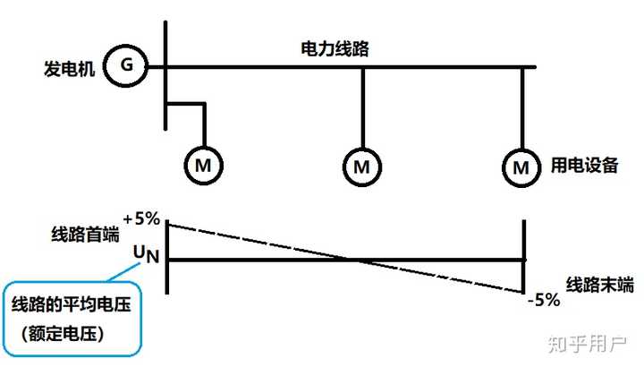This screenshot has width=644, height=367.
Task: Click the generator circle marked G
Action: click(x=125, y=66)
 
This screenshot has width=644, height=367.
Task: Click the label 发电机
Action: click(x=70, y=68)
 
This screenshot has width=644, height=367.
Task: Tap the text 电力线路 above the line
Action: click(x=334, y=50)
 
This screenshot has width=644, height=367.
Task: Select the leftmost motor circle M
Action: click(x=204, y=165)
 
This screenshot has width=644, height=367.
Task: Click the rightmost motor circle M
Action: click(x=521, y=166)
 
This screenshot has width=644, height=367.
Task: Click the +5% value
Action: click(x=141, y=218)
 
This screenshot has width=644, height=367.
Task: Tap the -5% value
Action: click(x=543, y=301)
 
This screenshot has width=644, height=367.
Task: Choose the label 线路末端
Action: click(x=598, y=285)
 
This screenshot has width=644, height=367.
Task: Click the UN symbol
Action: click(x=146, y=255)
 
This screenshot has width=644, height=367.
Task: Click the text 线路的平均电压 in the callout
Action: click(x=72, y=306)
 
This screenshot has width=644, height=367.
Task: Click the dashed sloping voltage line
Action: click(x=259, y=242)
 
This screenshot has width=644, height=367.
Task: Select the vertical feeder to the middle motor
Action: click(x=361, y=107)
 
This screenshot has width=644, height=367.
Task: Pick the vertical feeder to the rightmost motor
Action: click(x=521, y=107)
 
